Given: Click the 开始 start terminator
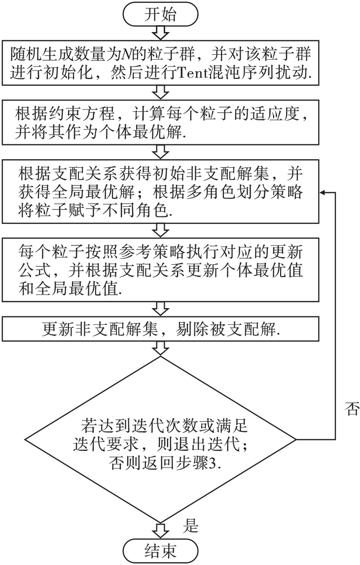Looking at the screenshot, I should (x=160, y=14).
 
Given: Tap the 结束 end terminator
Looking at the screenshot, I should (x=160, y=551).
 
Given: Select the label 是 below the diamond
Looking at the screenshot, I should (x=190, y=526).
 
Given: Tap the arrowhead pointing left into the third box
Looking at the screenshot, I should (x=322, y=192).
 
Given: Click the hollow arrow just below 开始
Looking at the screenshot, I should (x=160, y=33).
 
